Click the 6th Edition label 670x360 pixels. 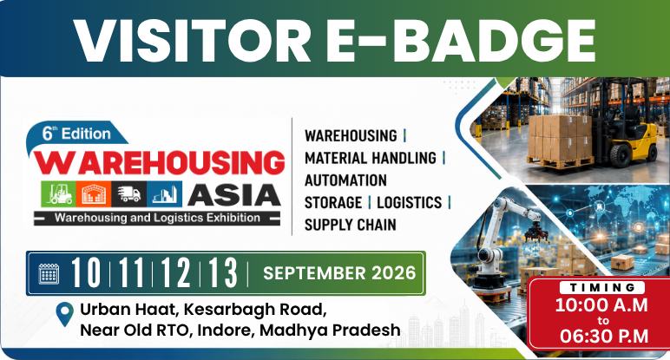(x=76, y=134)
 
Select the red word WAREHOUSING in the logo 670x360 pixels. (x=159, y=163)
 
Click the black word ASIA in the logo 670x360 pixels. (x=233, y=195)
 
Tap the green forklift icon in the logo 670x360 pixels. (x=58, y=193)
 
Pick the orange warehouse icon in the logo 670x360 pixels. (x=94, y=193)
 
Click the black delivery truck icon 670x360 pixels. (x=129, y=193)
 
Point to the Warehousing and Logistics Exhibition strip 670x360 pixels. (x=157, y=219)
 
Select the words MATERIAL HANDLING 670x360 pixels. (x=370, y=158)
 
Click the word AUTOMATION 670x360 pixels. (x=345, y=180)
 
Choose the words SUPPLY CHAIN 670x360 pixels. (x=350, y=225)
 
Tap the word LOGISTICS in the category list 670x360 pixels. (x=409, y=202)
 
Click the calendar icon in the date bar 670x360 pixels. (x=49, y=273)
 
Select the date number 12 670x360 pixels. (x=175, y=273)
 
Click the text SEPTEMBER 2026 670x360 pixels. (x=339, y=273)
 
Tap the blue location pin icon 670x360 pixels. (x=65, y=314)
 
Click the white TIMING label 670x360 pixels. (x=602, y=287)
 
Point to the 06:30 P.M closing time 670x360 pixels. (x=604, y=336)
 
